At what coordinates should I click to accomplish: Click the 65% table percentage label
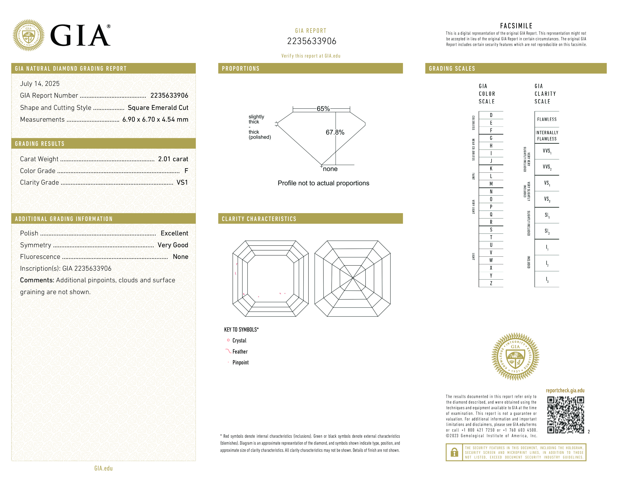click(x=323, y=109)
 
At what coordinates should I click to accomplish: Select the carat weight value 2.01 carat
click(x=173, y=159)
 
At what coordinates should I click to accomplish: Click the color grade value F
click(x=186, y=171)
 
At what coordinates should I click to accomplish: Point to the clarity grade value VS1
click(x=182, y=183)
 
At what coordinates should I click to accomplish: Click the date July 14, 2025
click(x=40, y=84)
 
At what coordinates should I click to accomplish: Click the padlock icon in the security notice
click(x=454, y=452)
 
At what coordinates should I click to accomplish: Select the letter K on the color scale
click(x=491, y=169)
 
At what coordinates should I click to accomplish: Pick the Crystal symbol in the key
click(x=228, y=340)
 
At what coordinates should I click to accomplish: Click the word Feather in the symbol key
click(x=240, y=352)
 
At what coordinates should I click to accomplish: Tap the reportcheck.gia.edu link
click(x=565, y=390)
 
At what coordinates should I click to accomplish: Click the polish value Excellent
click(x=174, y=233)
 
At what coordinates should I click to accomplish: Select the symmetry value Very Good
click(x=173, y=245)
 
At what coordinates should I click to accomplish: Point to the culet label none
click(x=330, y=169)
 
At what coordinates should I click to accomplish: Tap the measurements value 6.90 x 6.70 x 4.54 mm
click(x=155, y=120)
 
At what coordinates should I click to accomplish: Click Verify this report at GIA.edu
click(x=311, y=56)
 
